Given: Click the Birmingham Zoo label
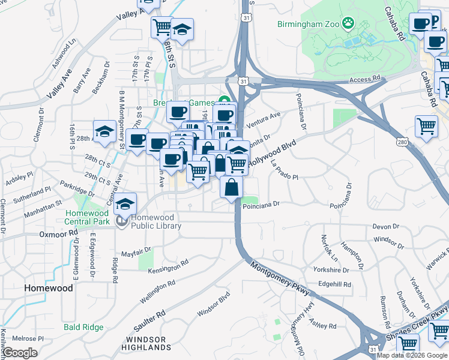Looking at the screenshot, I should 309,25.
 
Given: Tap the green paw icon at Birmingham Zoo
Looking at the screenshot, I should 348,24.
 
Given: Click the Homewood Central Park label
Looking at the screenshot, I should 87,217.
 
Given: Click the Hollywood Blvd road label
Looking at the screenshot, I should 273,155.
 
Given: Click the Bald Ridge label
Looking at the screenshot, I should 83,328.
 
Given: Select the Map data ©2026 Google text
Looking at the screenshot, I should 412,355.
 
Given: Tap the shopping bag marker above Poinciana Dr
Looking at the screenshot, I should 232,188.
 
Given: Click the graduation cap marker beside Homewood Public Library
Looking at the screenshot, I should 125,204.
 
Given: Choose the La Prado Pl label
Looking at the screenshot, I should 284,170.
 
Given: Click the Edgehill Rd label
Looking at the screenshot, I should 334,284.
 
